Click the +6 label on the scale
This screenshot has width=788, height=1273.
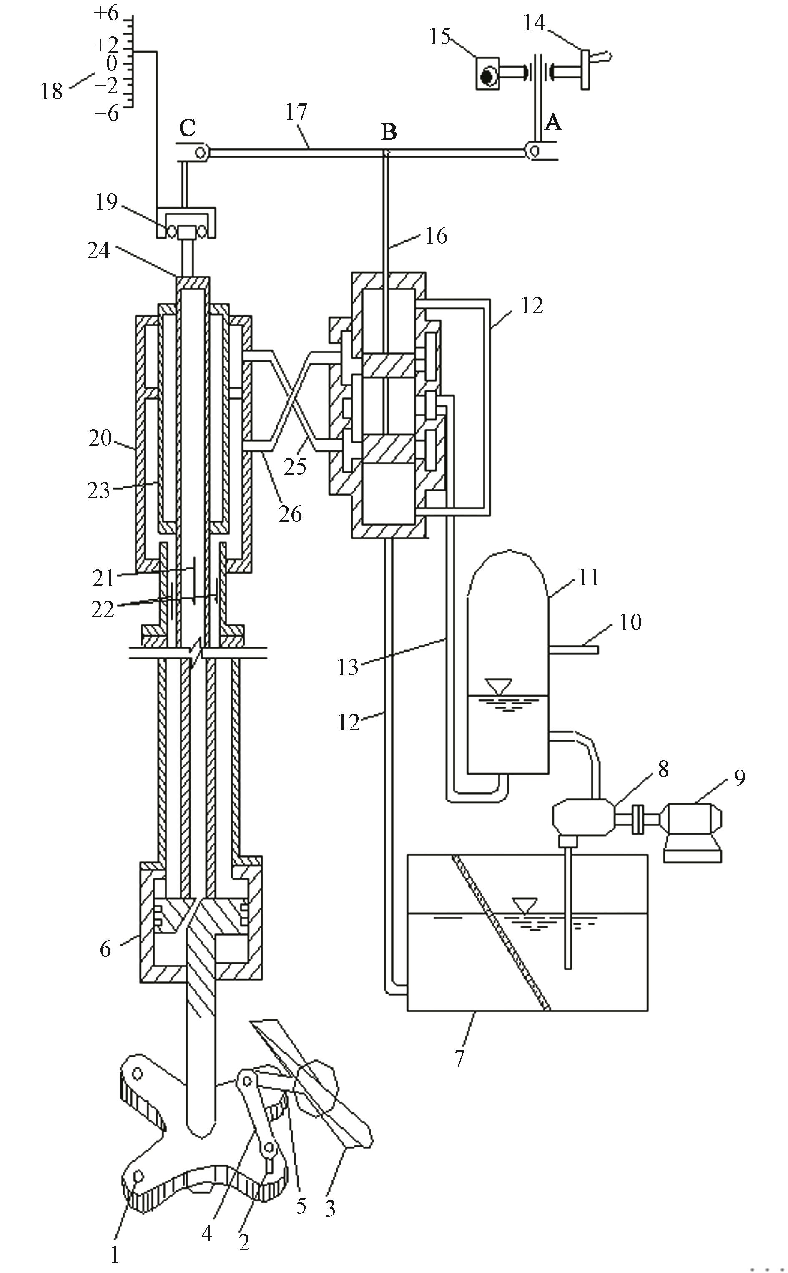[x=106, y=14]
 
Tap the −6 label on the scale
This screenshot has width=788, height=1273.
[x=106, y=113]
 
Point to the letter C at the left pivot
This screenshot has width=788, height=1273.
[x=187, y=127]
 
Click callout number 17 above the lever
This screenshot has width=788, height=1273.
[x=296, y=111]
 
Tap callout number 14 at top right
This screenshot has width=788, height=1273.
[x=534, y=23]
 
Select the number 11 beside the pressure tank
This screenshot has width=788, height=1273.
[x=589, y=578]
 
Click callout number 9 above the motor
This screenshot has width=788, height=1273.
[x=740, y=777]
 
